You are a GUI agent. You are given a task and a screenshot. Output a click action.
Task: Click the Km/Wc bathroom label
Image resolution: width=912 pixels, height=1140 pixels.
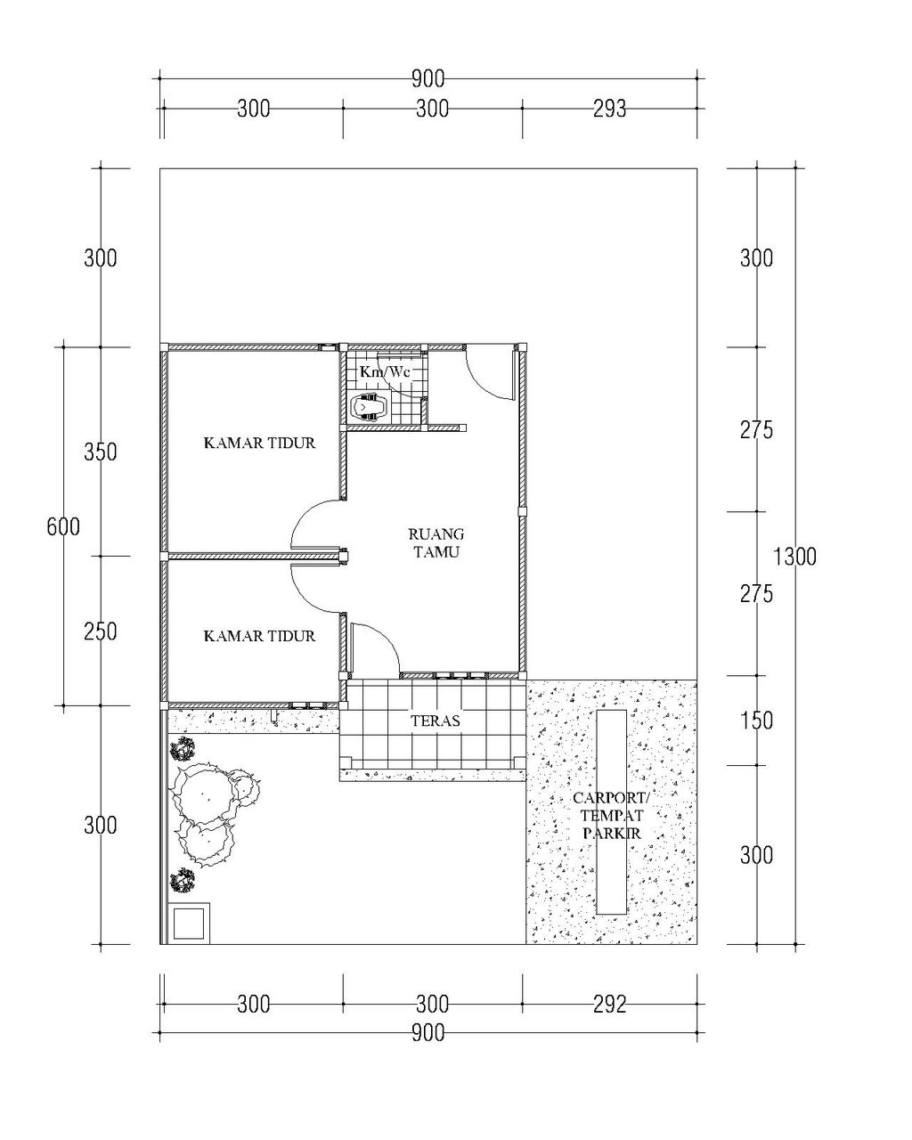(385, 372)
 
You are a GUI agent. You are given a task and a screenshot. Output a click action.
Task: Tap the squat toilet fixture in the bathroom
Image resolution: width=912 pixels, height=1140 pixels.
(370, 407)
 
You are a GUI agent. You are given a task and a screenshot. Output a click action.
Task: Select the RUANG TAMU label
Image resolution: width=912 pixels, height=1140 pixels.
(436, 542)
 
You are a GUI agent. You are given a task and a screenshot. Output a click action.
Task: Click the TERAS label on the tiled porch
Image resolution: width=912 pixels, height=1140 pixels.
(436, 721)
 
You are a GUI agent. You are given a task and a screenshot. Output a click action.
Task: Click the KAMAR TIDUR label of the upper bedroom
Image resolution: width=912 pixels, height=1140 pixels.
(259, 443)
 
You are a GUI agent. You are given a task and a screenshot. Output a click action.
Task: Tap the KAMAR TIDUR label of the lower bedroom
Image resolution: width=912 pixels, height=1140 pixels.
(259, 636)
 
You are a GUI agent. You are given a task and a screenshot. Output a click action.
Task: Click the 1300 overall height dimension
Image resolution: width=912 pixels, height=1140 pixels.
(794, 557)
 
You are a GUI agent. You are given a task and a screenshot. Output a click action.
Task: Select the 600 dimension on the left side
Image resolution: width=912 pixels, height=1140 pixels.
(63, 526)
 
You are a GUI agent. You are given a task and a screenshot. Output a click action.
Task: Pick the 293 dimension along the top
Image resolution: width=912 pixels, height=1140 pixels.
(609, 110)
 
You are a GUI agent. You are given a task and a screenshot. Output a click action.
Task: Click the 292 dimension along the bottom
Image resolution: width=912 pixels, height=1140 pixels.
(609, 1005)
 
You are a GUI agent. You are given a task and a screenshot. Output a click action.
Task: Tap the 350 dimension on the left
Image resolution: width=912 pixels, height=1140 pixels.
(100, 452)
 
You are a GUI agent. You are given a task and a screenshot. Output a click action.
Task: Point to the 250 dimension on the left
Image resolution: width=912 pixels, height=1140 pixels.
(100, 631)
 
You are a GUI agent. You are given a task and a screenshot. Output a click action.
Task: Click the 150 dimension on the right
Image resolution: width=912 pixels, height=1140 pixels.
(756, 721)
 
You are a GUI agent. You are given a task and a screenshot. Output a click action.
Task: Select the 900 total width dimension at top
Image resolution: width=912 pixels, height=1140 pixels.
(427, 79)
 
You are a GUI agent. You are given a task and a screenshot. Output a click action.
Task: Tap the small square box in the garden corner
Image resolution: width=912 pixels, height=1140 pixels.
(189, 924)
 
